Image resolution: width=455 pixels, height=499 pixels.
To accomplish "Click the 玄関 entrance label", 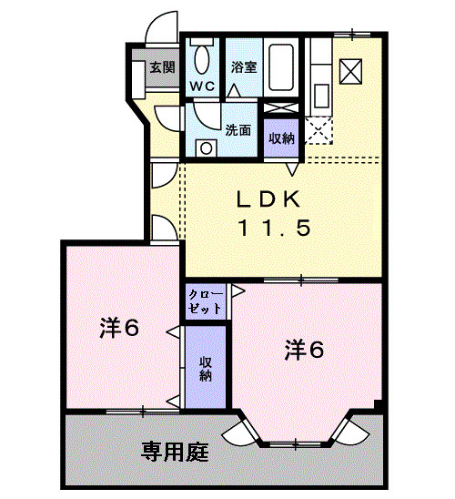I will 162,66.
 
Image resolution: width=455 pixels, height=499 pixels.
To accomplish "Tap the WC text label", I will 201,86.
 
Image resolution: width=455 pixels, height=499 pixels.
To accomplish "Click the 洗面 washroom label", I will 238,130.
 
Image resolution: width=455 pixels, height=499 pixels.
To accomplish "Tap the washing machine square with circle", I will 207,148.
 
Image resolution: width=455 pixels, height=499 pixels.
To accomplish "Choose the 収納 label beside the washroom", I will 281,138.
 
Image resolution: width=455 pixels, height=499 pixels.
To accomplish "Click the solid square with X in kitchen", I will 350,69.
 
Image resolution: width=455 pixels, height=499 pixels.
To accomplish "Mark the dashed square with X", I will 320,131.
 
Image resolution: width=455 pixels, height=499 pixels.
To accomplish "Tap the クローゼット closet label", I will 206,302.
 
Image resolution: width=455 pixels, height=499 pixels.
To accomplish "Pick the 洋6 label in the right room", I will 303,349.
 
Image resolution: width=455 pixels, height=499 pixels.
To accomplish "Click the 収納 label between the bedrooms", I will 207,368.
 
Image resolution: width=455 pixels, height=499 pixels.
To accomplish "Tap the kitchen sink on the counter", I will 320,94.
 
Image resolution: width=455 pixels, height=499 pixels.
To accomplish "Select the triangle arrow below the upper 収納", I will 292,168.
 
